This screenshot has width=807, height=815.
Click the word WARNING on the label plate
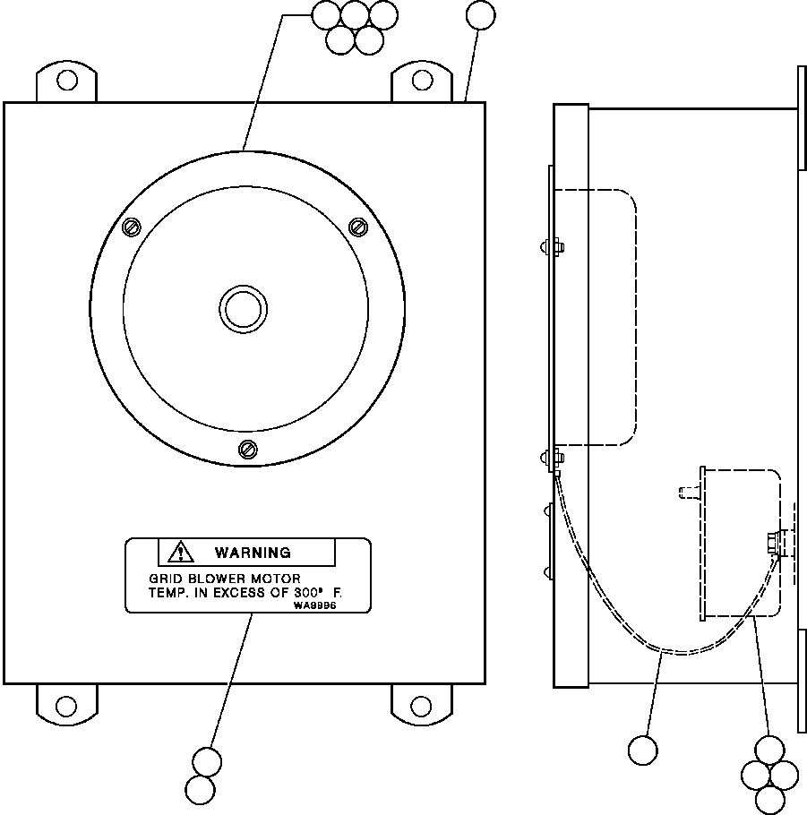pos(252,553)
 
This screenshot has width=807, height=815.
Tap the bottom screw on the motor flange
pos(248,449)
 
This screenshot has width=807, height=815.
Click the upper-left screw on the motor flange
pos(131,227)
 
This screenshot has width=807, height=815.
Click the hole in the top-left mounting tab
pos(66,81)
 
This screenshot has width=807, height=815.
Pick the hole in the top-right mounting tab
pos(422,81)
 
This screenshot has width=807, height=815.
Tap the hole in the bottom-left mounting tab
pos(66,706)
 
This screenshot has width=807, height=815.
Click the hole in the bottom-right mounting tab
pos(422,706)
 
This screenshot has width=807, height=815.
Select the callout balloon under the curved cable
pos(643,751)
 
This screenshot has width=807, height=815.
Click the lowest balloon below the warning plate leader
pos(201,790)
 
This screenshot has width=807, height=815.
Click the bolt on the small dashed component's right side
pos(772,543)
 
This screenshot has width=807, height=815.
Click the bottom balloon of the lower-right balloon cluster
pos(768,799)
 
